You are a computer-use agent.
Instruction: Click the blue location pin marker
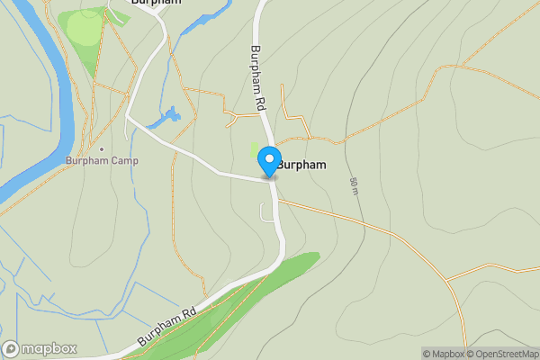[x=269, y=161]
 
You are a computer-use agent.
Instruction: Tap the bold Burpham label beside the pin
[x=301, y=166]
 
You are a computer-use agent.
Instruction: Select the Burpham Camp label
[x=101, y=161]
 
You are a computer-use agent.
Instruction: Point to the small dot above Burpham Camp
[x=102, y=148]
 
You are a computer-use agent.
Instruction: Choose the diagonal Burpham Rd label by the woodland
[x=166, y=329]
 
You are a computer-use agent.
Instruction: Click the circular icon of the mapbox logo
[x=12, y=349]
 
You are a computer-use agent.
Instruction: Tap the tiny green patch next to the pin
[x=256, y=154]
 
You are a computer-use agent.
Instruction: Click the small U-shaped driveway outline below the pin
[x=266, y=212]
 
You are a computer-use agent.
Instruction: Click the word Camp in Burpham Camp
[x=122, y=161]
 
